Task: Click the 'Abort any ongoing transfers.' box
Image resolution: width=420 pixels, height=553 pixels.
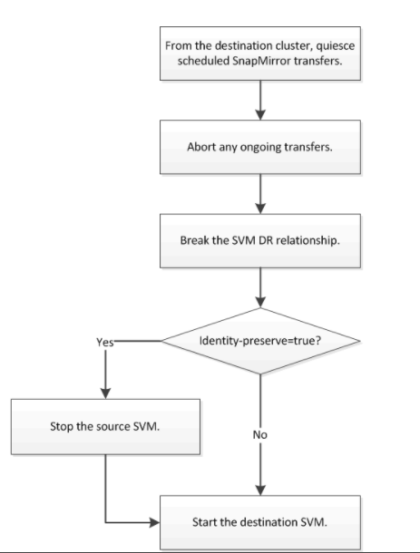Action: [x=260, y=147]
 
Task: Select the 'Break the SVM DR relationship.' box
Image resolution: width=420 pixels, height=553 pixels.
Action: [x=260, y=240]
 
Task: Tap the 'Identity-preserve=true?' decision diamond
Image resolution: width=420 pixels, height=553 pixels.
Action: [x=260, y=341]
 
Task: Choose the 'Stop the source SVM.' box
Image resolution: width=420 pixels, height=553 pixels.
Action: [x=105, y=426]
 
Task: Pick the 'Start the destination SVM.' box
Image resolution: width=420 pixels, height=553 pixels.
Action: [x=260, y=522]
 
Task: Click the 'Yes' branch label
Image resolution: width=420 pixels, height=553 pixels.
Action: [x=105, y=342]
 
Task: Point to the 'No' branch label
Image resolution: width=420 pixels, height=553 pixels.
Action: [x=260, y=435]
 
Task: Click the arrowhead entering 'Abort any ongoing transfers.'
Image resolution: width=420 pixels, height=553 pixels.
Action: [x=260, y=114]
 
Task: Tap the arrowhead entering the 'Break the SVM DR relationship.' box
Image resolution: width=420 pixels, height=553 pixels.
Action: [x=260, y=209]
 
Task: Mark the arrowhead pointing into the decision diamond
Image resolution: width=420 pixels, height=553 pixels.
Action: [x=260, y=302]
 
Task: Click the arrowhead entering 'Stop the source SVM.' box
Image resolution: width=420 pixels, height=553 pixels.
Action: [x=105, y=393]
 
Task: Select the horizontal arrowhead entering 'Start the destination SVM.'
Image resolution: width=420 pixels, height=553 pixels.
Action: [x=154, y=522]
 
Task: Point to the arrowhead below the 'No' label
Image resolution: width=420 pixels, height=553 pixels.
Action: [x=260, y=490]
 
